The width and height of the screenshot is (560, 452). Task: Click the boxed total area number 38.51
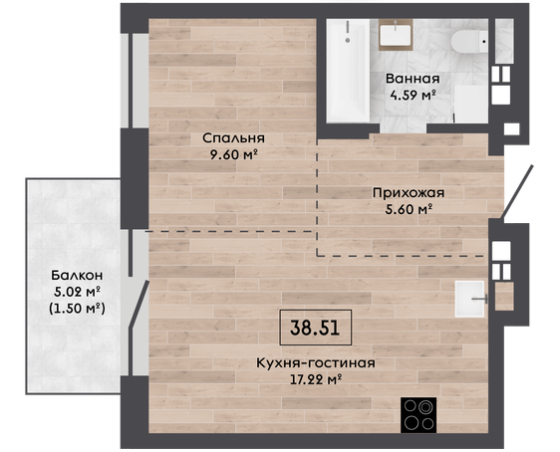pyautogui.click(x=315, y=328)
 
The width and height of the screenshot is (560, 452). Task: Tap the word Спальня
pyautogui.click(x=233, y=138)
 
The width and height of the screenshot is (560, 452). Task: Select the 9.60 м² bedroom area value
pyautogui.click(x=234, y=154)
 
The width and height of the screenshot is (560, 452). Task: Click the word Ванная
pyautogui.click(x=413, y=79)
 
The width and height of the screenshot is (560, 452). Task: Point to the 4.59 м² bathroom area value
pyautogui.click(x=413, y=95)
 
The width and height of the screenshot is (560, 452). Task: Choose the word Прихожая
pyautogui.click(x=409, y=193)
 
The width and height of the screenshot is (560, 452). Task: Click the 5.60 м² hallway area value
pyautogui.click(x=409, y=209)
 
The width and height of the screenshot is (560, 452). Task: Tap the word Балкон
pyautogui.click(x=77, y=275)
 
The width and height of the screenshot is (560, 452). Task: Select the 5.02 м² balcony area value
pyautogui.click(x=77, y=292)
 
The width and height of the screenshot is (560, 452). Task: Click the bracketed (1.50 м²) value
pyautogui.click(x=77, y=308)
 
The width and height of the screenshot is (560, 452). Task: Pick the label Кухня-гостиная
pyautogui.click(x=316, y=363)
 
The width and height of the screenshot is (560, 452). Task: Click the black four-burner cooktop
pyautogui.click(x=419, y=415)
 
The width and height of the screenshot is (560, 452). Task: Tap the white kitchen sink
pyautogui.click(x=469, y=299)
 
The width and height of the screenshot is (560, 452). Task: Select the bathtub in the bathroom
pyautogui.click(x=348, y=71)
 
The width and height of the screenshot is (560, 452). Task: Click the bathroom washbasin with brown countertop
pyautogui.click(x=396, y=35)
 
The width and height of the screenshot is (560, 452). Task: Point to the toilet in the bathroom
pyautogui.click(x=469, y=42)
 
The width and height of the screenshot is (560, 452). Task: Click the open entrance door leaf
pyautogui.click(x=517, y=191)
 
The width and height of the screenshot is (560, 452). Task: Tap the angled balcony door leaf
pyautogui.click(x=140, y=304)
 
